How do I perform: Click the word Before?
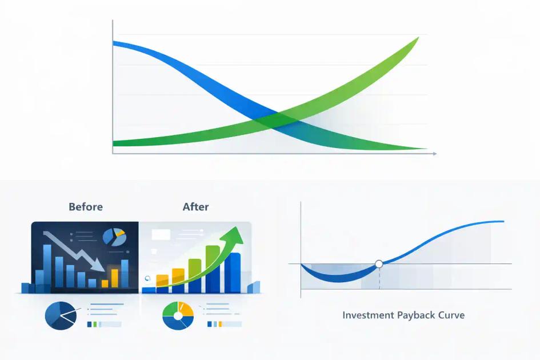pyautogui.click(x=86, y=207)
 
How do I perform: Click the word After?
pyautogui.click(x=195, y=207)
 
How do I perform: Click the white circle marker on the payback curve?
pyautogui.click(x=378, y=264)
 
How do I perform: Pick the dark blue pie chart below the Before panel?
pyautogui.click(x=60, y=315)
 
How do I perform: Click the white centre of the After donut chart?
pyautogui.click(x=178, y=315)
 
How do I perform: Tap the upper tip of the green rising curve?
pyautogui.click(x=418, y=38)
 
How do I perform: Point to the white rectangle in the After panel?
pyautogui.click(x=161, y=234)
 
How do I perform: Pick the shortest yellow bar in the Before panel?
pyautogui.click(x=105, y=283)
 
